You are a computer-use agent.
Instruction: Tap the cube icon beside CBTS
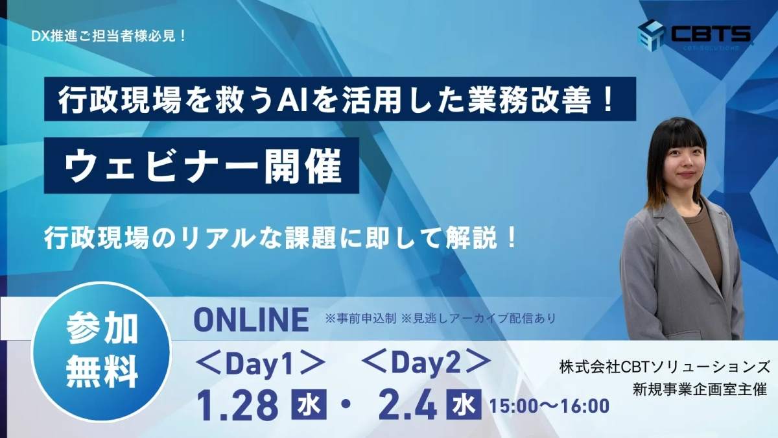652,34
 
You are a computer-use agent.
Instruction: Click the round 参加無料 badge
102,351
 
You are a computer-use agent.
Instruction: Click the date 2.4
408,405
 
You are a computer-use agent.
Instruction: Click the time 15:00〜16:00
549,407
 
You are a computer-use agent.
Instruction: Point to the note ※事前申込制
360,319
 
